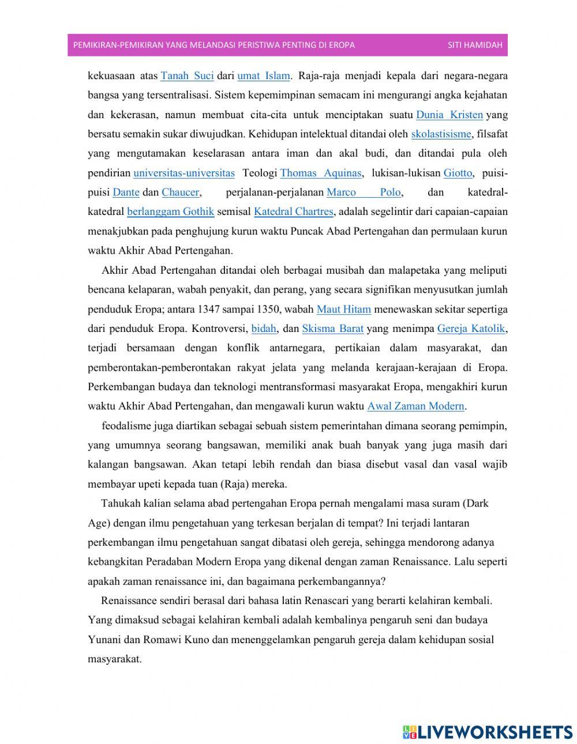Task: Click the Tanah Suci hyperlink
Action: (x=187, y=75)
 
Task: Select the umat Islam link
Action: (x=263, y=75)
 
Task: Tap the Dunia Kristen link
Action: (x=449, y=114)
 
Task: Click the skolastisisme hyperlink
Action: (x=441, y=134)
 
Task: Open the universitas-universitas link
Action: (x=183, y=173)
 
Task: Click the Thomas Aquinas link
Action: (x=320, y=173)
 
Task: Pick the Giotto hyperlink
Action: (x=458, y=173)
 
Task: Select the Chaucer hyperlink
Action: (x=180, y=192)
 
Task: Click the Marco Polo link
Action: (x=364, y=192)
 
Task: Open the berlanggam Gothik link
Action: (x=170, y=212)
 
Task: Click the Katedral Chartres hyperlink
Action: (x=293, y=212)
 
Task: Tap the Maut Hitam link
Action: (x=343, y=309)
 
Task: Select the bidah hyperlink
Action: (x=264, y=328)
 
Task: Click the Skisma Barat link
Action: (x=332, y=328)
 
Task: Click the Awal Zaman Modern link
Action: (x=415, y=406)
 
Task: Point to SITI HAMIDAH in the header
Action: (x=474, y=45)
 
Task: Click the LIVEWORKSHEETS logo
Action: (x=488, y=731)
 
